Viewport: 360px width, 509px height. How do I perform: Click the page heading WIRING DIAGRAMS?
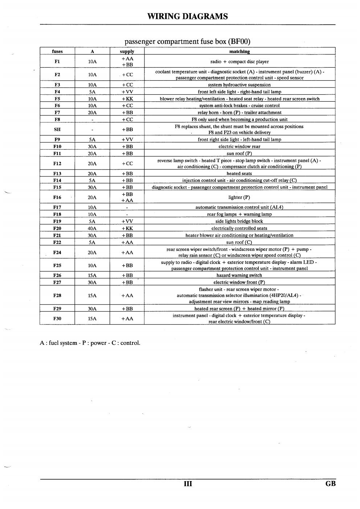[188, 16]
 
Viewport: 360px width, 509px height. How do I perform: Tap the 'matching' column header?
[240, 52]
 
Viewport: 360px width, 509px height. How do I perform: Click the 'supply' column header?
[127, 52]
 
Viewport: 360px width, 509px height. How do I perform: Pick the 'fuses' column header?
[57, 52]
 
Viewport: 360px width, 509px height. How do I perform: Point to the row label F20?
[57, 228]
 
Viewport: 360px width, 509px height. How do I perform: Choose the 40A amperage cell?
[92, 228]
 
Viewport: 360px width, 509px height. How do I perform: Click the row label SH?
[57, 129]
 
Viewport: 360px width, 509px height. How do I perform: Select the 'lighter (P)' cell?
[240, 197]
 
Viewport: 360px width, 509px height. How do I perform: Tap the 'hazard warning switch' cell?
[240, 275]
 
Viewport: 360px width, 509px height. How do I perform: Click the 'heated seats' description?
[240, 174]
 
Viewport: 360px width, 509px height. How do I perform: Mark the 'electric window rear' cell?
[240, 147]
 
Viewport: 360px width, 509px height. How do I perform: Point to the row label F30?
[57, 318]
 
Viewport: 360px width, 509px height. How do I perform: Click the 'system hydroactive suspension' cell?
[240, 85]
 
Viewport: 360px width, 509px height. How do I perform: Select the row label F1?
[57, 61]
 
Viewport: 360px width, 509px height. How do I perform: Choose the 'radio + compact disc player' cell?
[240, 62]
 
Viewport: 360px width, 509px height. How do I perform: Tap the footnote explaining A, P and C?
[90, 343]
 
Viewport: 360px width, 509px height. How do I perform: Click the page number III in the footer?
[188, 484]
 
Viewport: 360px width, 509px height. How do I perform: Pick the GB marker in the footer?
[330, 484]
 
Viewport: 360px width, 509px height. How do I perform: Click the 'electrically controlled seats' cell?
[240, 228]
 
